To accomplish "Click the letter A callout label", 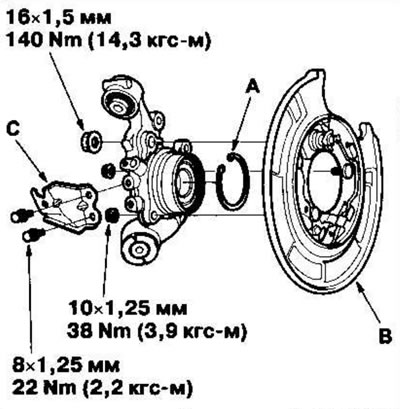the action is click(253, 87).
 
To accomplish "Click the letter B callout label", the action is click(386, 337).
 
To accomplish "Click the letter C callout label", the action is click(13, 130).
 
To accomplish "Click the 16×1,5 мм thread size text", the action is click(58, 18).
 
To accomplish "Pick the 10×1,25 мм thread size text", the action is click(127, 309).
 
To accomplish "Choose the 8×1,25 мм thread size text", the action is click(65, 365).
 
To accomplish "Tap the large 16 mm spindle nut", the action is click(91, 142).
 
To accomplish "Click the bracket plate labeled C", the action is click(67, 203).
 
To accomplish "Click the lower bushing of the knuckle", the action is click(139, 248).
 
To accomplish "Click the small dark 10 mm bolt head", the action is click(111, 216).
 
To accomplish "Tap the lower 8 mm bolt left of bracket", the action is click(33, 234).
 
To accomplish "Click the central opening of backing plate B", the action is click(325, 175).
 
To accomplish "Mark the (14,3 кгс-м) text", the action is click(149, 41).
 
